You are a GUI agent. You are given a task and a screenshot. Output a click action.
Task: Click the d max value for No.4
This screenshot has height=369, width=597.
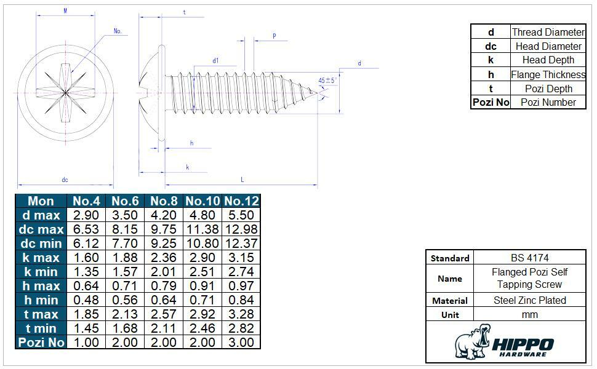[x=86, y=215]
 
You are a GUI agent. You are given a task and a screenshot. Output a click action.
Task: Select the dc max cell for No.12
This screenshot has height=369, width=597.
[x=241, y=229]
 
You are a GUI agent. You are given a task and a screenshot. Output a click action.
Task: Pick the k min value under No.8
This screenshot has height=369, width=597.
[x=164, y=272]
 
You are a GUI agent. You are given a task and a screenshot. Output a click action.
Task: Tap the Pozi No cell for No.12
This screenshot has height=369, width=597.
[x=241, y=343]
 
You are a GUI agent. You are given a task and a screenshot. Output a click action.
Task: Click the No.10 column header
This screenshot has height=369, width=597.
[x=202, y=201]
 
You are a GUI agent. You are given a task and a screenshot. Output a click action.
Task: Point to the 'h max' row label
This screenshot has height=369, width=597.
[x=41, y=286]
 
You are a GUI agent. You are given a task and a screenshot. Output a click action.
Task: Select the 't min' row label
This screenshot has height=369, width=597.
[x=41, y=328]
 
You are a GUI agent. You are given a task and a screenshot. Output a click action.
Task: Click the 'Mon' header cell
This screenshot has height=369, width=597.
[x=41, y=201]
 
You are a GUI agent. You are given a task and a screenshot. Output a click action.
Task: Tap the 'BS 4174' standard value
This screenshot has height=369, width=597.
[x=529, y=258]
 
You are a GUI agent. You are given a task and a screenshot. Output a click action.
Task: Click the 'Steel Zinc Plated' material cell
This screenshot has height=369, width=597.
[x=529, y=300]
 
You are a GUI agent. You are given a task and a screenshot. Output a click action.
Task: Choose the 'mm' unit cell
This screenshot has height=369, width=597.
[x=529, y=314]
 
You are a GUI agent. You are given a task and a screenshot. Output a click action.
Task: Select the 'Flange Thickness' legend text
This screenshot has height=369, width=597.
[x=548, y=74]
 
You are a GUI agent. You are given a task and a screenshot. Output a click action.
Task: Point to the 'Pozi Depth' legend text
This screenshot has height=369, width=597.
[x=548, y=89]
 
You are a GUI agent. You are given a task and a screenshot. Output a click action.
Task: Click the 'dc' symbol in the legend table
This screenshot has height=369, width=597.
[x=491, y=46]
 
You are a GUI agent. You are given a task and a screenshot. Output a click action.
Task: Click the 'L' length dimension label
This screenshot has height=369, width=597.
[x=242, y=180]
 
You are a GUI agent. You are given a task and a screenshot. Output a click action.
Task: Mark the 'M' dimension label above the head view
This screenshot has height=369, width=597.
[x=65, y=11]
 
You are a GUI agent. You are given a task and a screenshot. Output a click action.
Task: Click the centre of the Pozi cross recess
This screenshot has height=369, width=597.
[x=65, y=92]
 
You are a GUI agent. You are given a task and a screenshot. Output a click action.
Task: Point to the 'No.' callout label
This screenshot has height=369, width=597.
[x=118, y=31]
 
